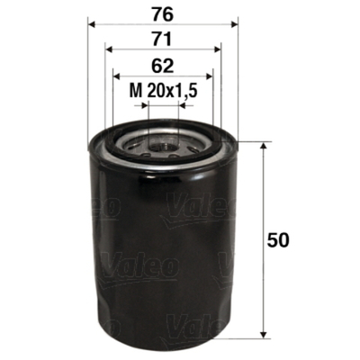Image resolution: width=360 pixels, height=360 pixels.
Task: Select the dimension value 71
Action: click(161, 39)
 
